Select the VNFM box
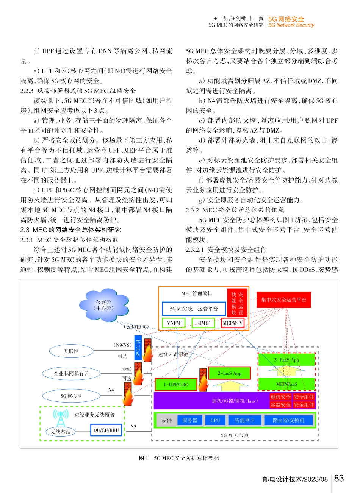coord(174,323)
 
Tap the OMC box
coord(203,323)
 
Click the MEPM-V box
coord(233,323)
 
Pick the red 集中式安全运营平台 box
coord(283,300)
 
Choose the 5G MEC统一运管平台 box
coord(194,309)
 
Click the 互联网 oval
coord(71,351)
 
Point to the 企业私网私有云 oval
coord(71,374)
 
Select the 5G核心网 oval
coord(71,396)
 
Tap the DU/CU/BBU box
coord(106,430)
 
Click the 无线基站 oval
coord(61,432)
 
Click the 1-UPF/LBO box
coord(176,385)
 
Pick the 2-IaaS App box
coord(229,373)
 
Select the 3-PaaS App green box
coord(286,360)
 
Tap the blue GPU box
coord(215,420)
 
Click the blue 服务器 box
coord(190,420)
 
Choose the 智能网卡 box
coord(244,420)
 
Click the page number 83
coord(339,478)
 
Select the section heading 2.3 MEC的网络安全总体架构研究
coord(71,230)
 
